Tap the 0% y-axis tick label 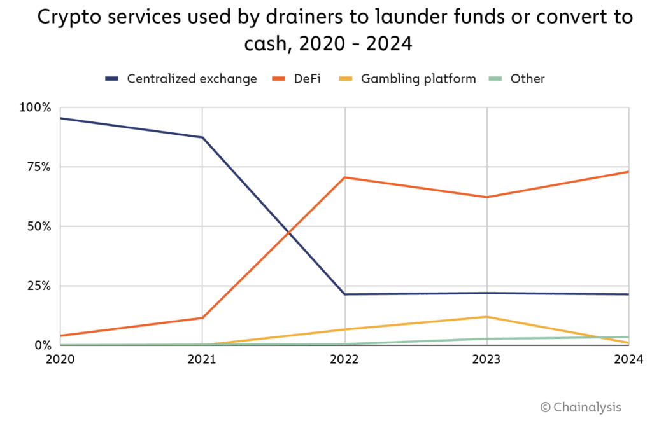point(41,345)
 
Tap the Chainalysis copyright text point(581,407)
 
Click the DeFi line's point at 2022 point(344,177)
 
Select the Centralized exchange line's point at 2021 point(202,137)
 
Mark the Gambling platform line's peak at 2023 point(487,317)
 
